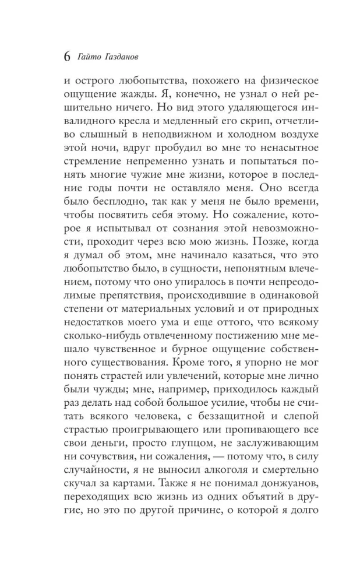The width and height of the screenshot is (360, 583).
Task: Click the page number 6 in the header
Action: tap(66, 58)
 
